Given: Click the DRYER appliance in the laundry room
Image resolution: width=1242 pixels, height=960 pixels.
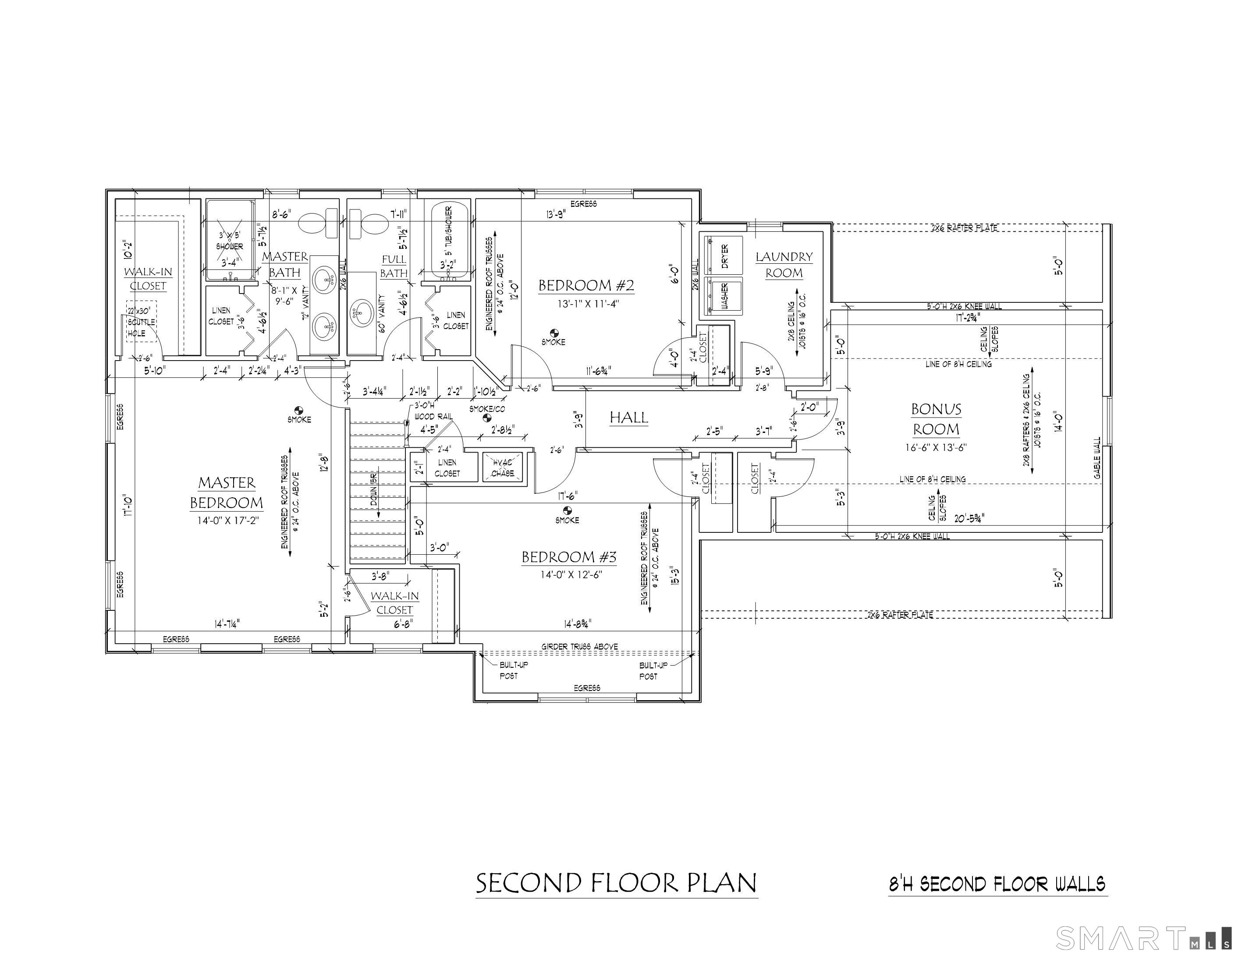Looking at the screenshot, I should click(724, 255).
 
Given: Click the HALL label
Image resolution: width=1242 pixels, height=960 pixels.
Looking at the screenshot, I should click(628, 418).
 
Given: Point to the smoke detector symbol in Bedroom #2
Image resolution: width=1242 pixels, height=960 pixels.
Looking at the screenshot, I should click(554, 332).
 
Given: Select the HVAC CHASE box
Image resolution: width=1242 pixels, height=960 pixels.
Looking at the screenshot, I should click(502, 468).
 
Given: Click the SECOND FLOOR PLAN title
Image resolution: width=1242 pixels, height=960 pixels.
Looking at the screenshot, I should click(616, 883).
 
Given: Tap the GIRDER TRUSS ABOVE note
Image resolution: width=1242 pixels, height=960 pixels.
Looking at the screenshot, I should click(579, 647).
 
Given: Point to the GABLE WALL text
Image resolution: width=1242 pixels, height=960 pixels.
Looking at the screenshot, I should click(1097, 457).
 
